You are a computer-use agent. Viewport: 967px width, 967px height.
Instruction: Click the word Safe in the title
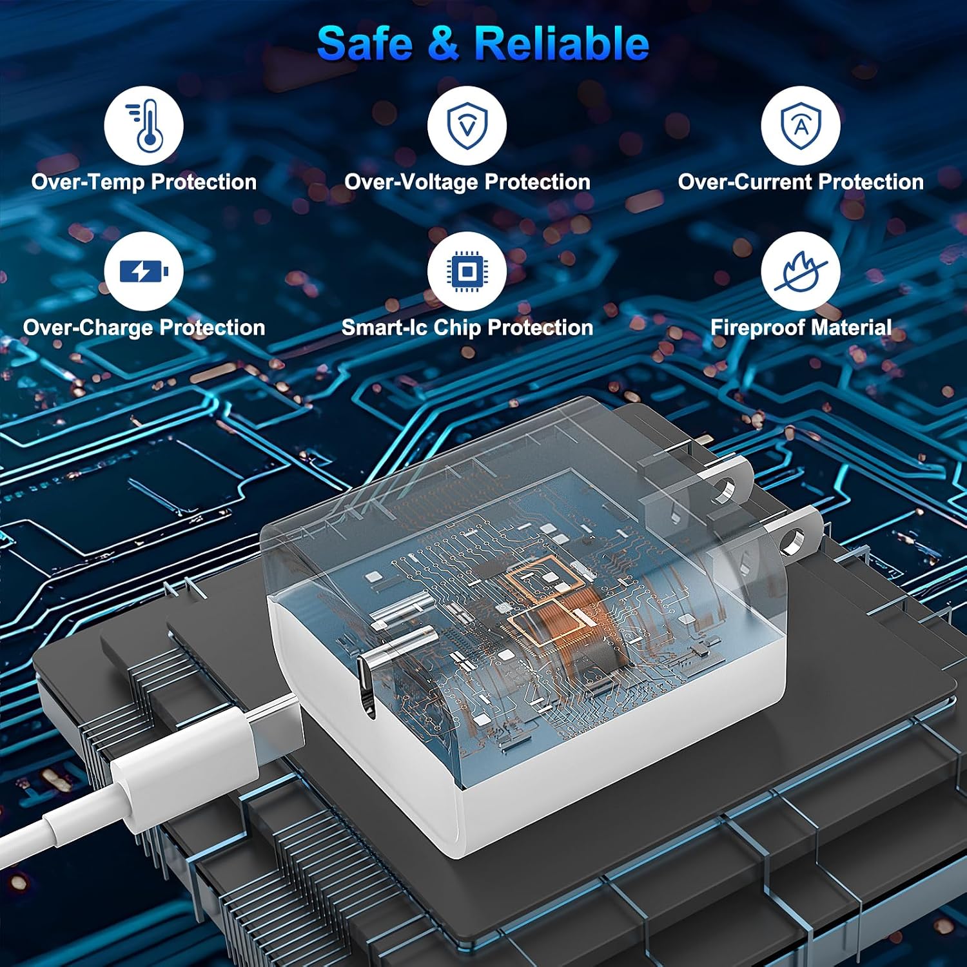click(364, 43)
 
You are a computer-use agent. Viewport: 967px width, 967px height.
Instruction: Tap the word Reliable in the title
click(562, 43)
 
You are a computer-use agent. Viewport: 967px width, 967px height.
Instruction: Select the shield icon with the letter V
click(467, 126)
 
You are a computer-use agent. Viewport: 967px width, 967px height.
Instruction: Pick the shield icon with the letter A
click(801, 126)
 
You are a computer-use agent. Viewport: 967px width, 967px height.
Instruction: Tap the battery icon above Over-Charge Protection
click(144, 271)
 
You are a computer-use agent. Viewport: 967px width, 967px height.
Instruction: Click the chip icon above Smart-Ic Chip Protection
click(467, 271)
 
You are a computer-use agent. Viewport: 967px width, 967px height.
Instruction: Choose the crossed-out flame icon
click(801, 271)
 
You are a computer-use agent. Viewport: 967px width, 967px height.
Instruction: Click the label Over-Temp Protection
click(144, 182)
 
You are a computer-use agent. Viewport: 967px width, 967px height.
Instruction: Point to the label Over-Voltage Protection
click(467, 182)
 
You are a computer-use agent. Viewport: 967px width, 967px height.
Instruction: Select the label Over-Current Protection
click(801, 182)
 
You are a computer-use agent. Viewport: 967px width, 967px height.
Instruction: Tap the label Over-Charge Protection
click(144, 328)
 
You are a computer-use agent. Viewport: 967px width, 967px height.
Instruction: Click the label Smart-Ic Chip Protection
click(467, 328)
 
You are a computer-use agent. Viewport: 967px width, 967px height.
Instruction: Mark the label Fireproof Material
click(801, 328)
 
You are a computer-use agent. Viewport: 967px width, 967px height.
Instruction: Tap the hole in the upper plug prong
click(727, 490)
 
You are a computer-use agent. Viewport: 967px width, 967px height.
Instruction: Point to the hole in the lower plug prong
click(794, 540)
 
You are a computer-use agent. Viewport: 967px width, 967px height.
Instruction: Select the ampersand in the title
click(443, 44)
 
